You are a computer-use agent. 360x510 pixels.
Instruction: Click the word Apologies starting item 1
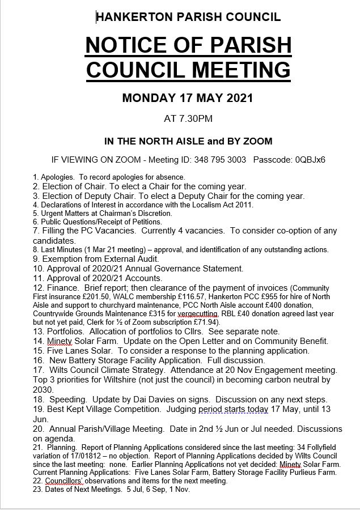point(50,177)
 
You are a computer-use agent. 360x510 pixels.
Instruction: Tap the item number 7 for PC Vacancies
point(36,231)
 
